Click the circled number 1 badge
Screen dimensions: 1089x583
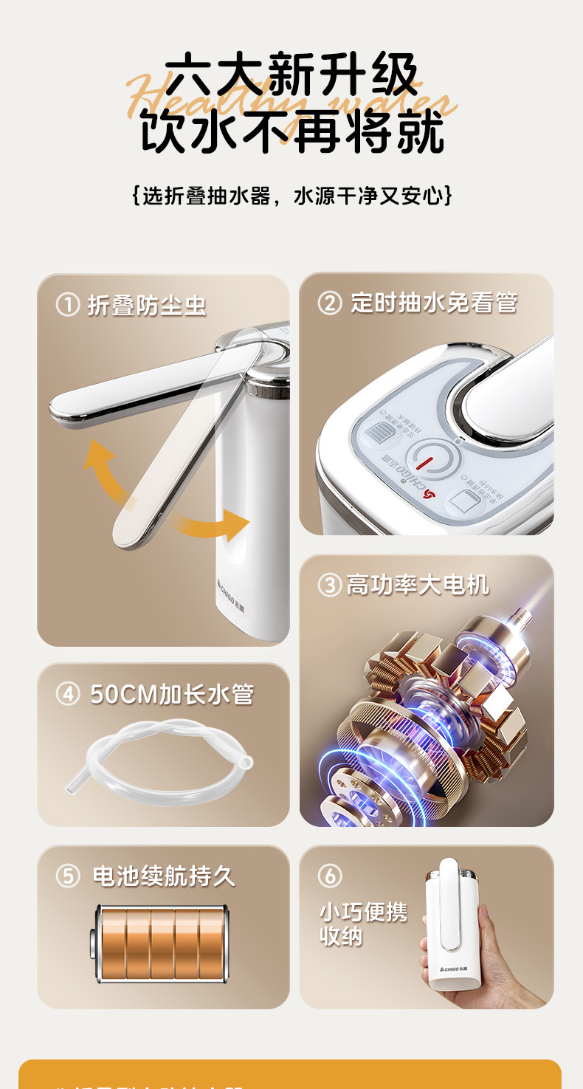pyautogui.click(x=68, y=305)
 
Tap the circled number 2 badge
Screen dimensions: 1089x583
pyautogui.click(x=330, y=303)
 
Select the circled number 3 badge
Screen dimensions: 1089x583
pyautogui.click(x=329, y=585)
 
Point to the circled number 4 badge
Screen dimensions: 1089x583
pyautogui.click(x=68, y=694)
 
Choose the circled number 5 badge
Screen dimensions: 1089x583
pyautogui.click(x=68, y=876)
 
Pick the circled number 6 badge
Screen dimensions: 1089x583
pyautogui.click(x=330, y=876)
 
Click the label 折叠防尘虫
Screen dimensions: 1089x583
pyautogui.click(x=147, y=305)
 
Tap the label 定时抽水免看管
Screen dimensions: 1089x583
pyautogui.click(x=434, y=303)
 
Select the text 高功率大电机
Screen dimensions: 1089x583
pyautogui.click(x=418, y=585)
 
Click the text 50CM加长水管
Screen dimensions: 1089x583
pyautogui.click(x=172, y=694)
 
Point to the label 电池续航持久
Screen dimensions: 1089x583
pyautogui.click(x=164, y=876)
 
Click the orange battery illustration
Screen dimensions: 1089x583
pyautogui.click(x=162, y=944)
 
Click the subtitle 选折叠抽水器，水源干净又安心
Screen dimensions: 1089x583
pyautogui.click(x=292, y=196)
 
